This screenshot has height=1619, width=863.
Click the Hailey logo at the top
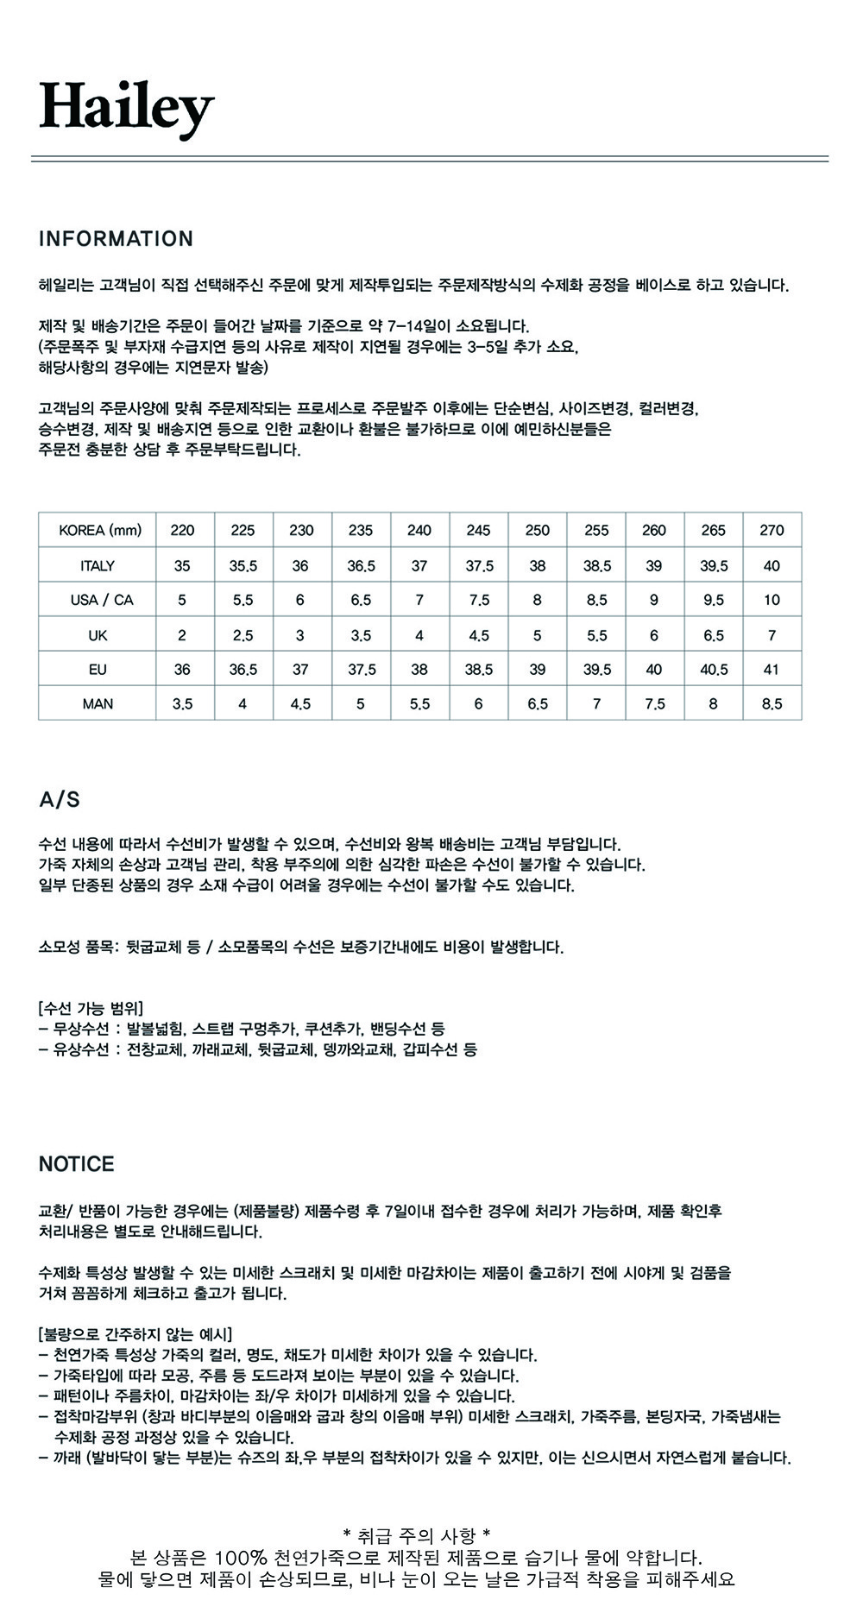[x=126, y=109]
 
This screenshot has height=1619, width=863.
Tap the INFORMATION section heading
[x=116, y=239]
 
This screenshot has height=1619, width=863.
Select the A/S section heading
[x=60, y=800]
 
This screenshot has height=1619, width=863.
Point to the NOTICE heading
[x=76, y=1164]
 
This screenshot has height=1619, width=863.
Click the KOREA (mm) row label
[x=99, y=530]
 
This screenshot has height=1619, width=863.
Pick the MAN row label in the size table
[x=98, y=704]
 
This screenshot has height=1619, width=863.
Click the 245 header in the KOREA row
[x=478, y=530]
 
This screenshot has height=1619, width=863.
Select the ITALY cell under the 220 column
[x=182, y=566]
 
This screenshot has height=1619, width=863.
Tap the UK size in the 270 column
[x=772, y=635]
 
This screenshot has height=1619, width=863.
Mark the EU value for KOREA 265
[x=713, y=670]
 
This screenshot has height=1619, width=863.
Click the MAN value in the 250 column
[x=537, y=704]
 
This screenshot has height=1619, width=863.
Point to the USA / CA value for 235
[x=361, y=600]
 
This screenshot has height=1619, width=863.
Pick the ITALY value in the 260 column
[x=654, y=566]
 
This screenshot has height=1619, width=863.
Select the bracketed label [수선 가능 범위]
[x=91, y=1008]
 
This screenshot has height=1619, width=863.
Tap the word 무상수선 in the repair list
[x=81, y=1029]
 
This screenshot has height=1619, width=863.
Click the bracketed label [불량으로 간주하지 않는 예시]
[x=135, y=1334]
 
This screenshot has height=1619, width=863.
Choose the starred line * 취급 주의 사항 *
[x=417, y=1536]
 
